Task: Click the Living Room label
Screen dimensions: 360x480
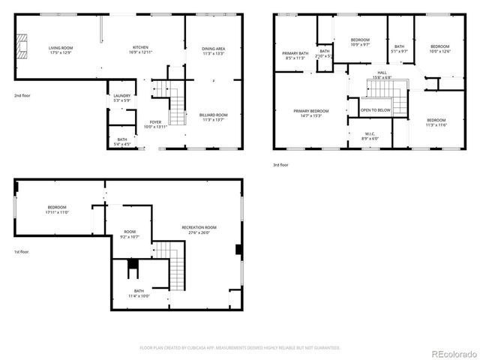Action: tap(61, 49)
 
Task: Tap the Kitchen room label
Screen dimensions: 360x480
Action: tap(140, 49)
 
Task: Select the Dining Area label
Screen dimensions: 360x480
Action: tap(214, 51)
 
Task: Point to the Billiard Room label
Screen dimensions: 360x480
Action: tap(213, 117)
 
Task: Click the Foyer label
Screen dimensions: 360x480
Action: tap(155, 124)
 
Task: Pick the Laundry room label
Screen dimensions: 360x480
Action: tap(121, 98)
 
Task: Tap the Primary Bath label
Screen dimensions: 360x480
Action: tap(295, 55)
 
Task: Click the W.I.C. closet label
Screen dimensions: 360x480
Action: tap(369, 136)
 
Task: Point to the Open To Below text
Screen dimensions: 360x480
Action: tap(375, 110)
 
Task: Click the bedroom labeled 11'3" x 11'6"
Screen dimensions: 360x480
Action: tap(436, 122)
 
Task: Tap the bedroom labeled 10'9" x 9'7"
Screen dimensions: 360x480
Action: tap(361, 42)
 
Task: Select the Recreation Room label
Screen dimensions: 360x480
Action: tap(199, 229)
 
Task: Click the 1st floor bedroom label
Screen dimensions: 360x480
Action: tap(57, 209)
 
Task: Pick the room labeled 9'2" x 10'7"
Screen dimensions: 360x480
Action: tap(130, 235)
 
